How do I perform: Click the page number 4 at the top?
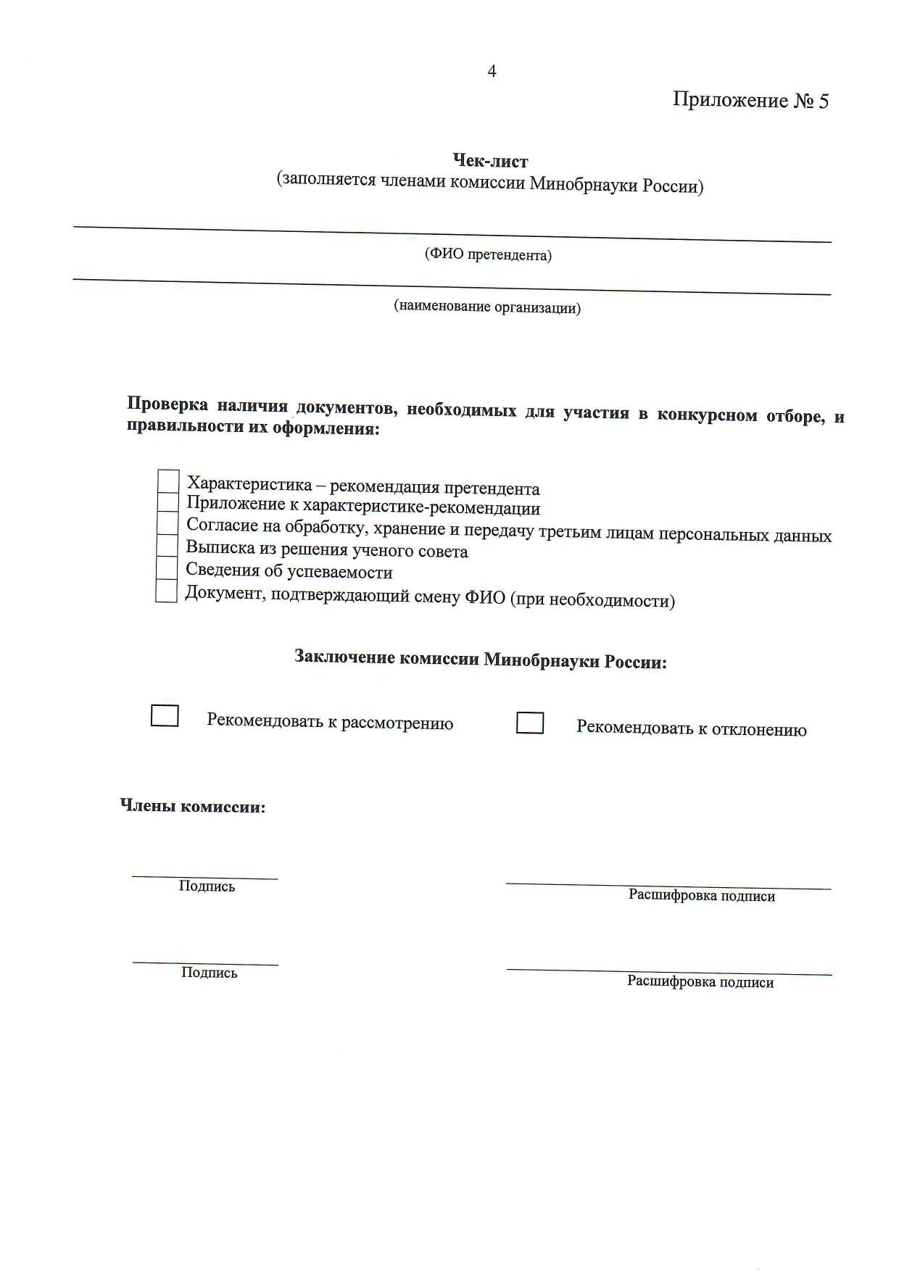(x=492, y=71)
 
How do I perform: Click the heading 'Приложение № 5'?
(x=750, y=100)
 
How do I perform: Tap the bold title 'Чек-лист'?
(x=490, y=160)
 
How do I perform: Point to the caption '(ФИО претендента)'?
(x=488, y=254)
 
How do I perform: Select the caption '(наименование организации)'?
(x=487, y=307)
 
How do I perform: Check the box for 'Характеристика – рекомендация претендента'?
(x=168, y=481)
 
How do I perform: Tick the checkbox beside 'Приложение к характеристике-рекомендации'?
(x=168, y=502)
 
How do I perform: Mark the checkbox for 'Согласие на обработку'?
(x=167, y=523)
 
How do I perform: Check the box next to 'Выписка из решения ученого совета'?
(x=167, y=546)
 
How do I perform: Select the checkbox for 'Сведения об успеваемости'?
(x=167, y=568)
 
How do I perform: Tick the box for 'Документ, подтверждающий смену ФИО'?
(x=167, y=591)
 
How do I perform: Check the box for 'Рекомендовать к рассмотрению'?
(x=165, y=715)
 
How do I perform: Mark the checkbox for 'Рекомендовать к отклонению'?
(x=530, y=723)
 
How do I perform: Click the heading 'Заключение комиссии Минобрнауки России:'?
(x=480, y=660)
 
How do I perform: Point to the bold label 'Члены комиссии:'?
(x=193, y=806)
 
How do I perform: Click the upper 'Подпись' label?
(x=207, y=886)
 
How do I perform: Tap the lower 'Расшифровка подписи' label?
(x=700, y=982)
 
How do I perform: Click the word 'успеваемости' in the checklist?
(x=340, y=572)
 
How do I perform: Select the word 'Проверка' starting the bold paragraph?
(x=167, y=404)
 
